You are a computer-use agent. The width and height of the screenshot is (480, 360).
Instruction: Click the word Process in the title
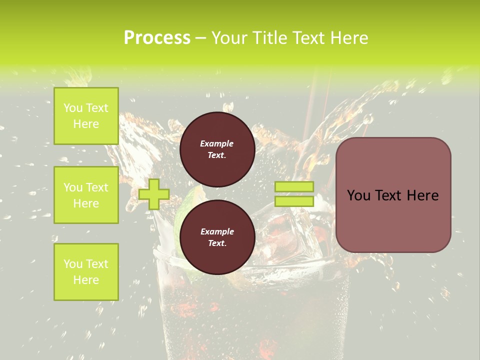(157, 38)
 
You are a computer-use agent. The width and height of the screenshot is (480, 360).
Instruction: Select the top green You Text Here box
(86, 116)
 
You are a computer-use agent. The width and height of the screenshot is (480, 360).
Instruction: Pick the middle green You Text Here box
(86, 195)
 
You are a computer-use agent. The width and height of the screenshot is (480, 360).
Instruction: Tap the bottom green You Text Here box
(86, 271)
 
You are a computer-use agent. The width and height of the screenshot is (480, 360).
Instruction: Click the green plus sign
(153, 194)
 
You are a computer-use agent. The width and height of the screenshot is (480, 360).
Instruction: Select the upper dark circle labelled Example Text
(217, 149)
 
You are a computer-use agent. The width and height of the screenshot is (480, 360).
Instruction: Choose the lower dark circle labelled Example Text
(217, 237)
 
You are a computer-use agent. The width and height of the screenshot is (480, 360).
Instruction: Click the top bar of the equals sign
(294, 186)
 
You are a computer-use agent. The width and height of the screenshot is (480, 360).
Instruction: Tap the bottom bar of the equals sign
(294, 201)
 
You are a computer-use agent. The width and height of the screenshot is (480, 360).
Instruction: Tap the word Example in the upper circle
(217, 143)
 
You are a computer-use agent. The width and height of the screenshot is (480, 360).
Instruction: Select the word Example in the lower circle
(217, 231)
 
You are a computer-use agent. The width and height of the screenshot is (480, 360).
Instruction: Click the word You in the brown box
(358, 195)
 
